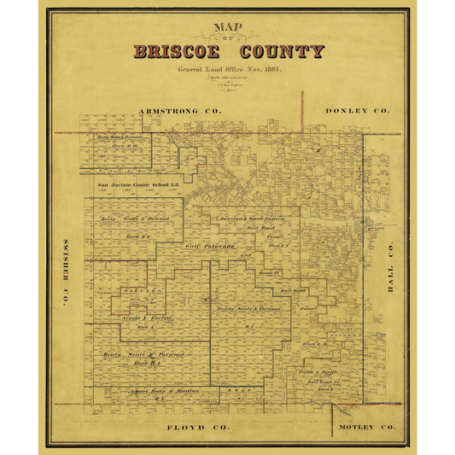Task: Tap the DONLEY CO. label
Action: coord(357,111)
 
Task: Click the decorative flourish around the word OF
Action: coord(228,37)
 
